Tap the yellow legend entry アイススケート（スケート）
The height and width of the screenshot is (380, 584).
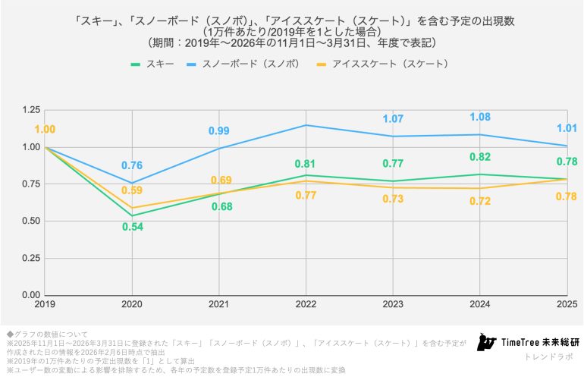pos(387,64)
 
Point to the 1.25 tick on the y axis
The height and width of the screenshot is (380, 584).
pos(30,110)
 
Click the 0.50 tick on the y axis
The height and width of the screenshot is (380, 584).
pos(30,221)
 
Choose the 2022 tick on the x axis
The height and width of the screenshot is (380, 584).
pos(305,303)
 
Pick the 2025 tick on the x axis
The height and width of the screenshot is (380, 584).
pos(564,303)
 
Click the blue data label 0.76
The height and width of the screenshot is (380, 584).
pos(133,165)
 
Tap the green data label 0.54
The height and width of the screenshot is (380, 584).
pos(133,227)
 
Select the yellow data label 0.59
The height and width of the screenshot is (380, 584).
pos(133,190)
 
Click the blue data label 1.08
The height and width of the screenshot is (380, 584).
pos(480,117)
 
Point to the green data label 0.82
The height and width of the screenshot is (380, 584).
pos(480,156)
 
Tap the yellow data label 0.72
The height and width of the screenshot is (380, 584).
pos(480,201)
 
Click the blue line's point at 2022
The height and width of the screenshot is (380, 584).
pos(306,125)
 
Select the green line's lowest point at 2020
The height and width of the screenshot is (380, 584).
pos(133,215)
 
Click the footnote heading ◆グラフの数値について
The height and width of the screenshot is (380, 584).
pos(47,334)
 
